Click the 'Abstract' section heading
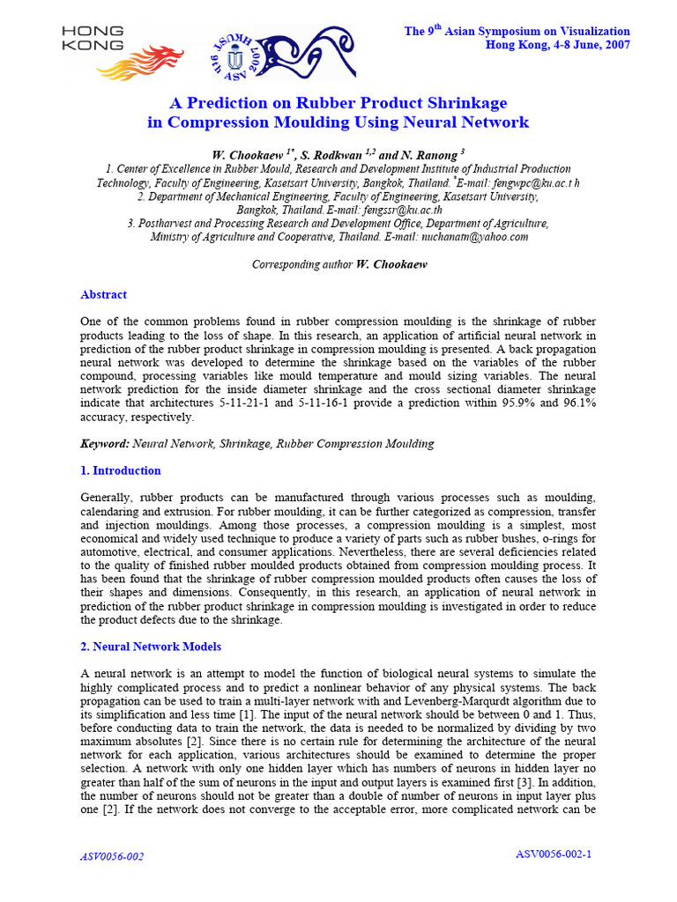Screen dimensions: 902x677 click(103, 294)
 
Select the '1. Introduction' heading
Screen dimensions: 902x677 click(120, 470)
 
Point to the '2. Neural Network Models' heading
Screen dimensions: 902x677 click(151, 647)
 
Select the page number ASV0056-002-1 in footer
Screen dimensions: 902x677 click(553, 854)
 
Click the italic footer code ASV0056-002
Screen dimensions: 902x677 click(112, 856)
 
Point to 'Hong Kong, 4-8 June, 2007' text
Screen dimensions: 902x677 click(558, 45)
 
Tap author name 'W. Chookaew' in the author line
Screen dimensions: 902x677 click(260, 154)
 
